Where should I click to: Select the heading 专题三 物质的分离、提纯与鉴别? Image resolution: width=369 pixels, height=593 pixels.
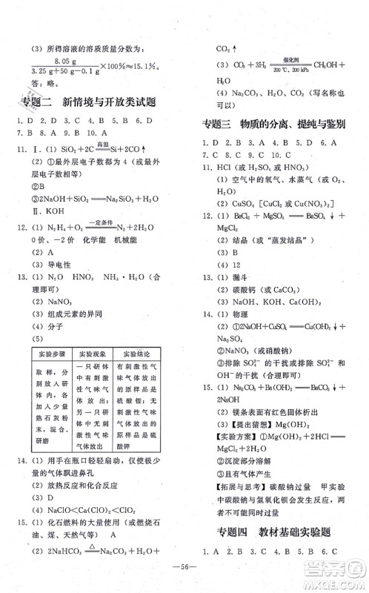[x=274, y=123]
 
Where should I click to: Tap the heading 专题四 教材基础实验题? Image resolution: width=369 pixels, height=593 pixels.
[x=275, y=530]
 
